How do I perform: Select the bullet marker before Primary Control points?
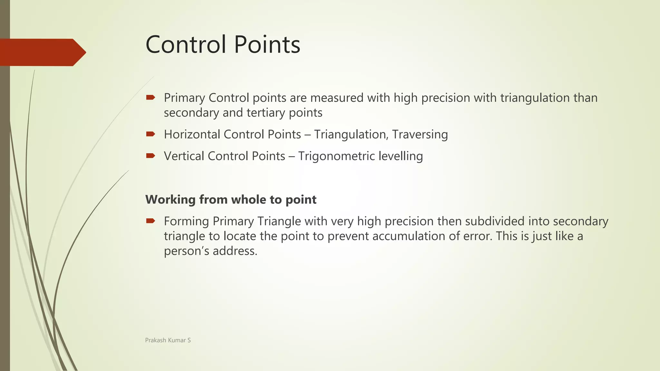pyautogui.click(x=150, y=97)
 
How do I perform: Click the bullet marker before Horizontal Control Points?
pyautogui.click(x=150, y=134)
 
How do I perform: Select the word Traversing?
pyautogui.click(x=420, y=135)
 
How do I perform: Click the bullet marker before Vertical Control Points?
pyautogui.click(x=150, y=156)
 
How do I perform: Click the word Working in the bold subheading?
pyautogui.click(x=170, y=200)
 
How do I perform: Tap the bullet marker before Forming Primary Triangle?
pyautogui.click(x=150, y=221)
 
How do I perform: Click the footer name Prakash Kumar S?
pyautogui.click(x=168, y=340)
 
